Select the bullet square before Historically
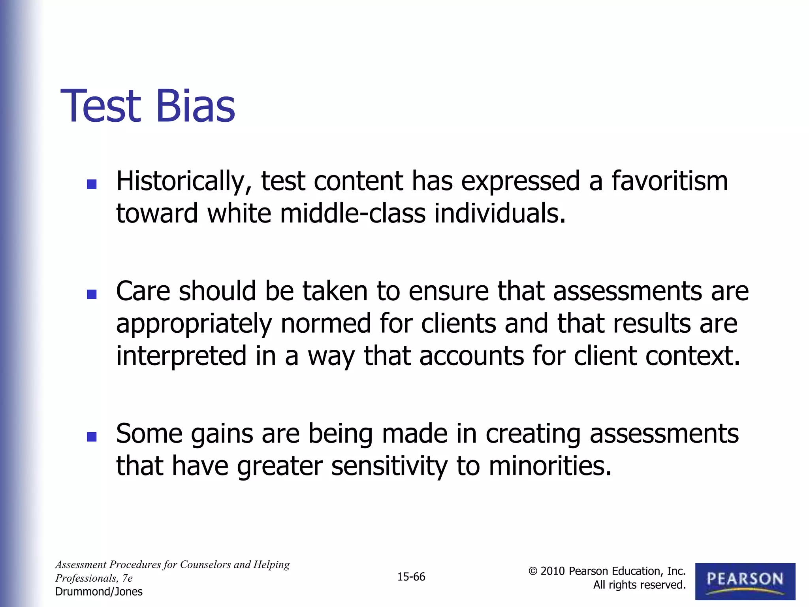(92, 184)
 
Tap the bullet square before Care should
(92, 294)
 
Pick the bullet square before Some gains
(92, 436)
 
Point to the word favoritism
(670, 181)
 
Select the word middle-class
(353, 213)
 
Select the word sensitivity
(389, 466)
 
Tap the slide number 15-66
(411, 577)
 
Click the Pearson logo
(745, 581)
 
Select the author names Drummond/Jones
(99, 592)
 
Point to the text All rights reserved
(639, 585)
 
